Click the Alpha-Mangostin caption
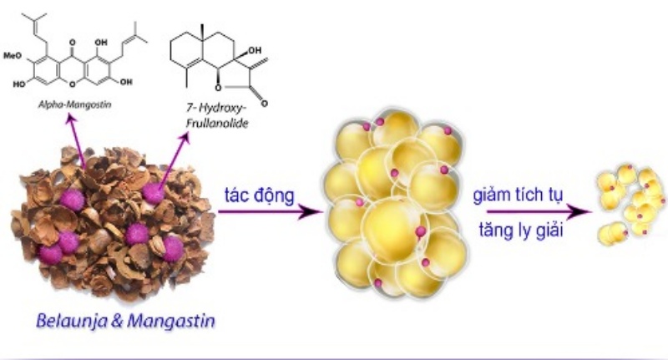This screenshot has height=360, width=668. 74,104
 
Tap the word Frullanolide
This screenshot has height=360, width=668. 217,124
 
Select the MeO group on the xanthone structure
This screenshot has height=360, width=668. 13,56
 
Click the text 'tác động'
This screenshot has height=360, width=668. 260,195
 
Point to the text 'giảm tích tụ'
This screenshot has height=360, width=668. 518,195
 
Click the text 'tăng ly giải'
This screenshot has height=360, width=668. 521,230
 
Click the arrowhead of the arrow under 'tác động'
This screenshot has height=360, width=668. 309,211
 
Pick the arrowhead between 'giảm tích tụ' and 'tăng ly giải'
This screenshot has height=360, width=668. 579,211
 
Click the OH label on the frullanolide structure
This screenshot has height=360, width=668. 255,51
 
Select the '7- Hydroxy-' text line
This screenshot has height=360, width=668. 217,108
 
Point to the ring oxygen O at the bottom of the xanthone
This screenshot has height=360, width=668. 72,84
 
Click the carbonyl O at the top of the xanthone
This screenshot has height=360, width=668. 72,43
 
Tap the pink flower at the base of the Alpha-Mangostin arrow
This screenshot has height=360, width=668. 72,200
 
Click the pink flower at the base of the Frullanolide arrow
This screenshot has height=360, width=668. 153,193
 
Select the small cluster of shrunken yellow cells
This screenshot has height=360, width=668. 630,205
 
